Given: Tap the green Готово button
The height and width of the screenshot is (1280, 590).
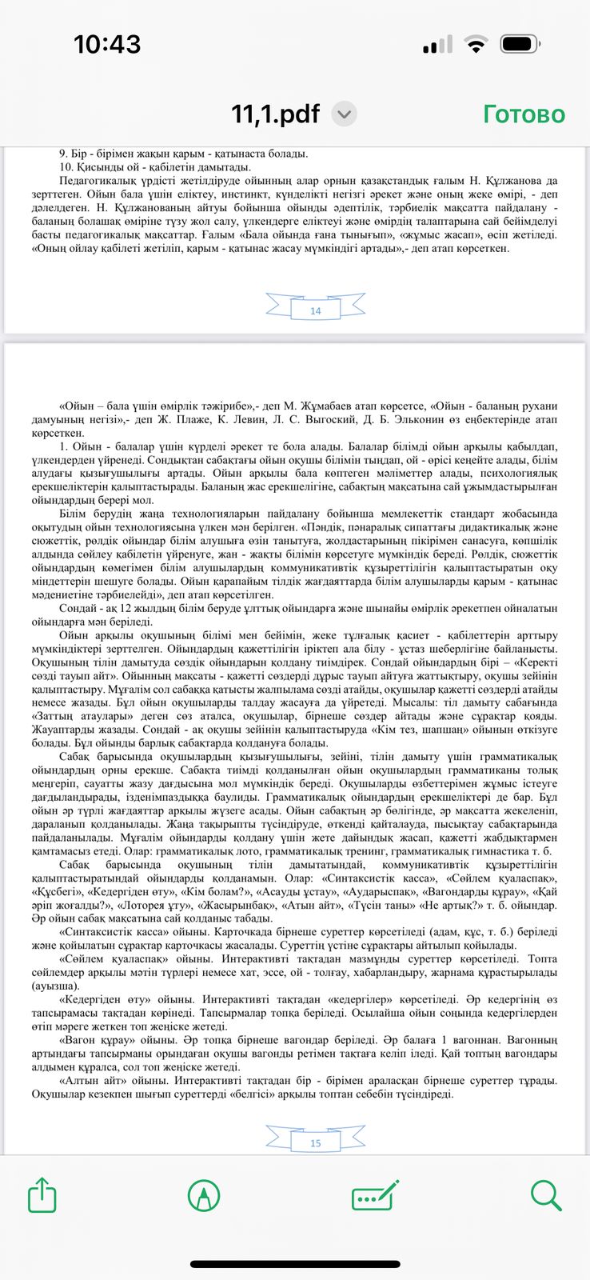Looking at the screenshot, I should (524, 114).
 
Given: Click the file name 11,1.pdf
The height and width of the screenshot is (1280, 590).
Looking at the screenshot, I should (276, 114).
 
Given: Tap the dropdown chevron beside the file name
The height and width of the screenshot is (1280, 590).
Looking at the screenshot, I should (344, 114).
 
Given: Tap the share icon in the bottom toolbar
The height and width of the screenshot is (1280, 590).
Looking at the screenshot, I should (42, 1196).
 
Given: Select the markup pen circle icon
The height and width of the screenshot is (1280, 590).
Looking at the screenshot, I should (203, 1196).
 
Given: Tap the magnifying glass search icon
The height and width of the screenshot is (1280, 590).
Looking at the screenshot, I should (546, 1195).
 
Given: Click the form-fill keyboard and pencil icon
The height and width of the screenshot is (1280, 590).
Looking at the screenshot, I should (376, 1196).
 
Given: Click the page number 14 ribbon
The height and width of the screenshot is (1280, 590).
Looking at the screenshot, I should (315, 310).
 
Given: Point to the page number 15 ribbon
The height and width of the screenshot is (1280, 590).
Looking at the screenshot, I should (315, 1142).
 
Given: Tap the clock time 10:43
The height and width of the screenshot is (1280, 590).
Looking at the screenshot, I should (107, 44).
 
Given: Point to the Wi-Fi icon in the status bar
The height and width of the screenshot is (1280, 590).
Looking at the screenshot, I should (477, 45).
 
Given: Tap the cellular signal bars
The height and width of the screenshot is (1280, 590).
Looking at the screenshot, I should (437, 46).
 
